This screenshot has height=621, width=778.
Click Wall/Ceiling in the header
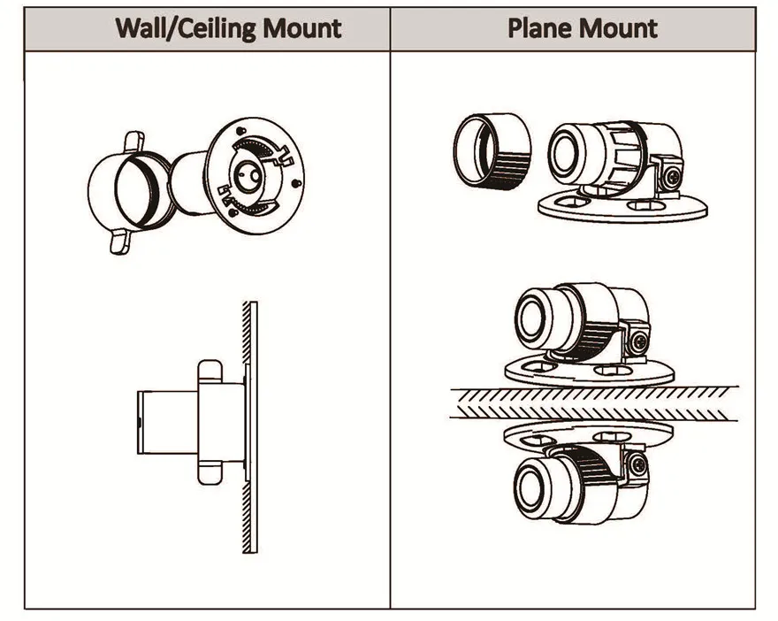click(x=186, y=29)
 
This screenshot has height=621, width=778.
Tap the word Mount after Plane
click(x=616, y=27)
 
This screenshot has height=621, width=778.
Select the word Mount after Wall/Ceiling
click(x=301, y=28)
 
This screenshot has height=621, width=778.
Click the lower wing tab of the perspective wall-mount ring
click(x=119, y=241)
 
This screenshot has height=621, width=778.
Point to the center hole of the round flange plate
click(x=246, y=177)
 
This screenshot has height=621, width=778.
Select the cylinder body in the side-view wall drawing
click(x=167, y=422)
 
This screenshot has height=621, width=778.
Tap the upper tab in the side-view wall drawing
click(x=210, y=371)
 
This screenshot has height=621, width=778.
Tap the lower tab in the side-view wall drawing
click(x=210, y=473)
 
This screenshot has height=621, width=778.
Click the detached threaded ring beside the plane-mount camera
click(x=492, y=151)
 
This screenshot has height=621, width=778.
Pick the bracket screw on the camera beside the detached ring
click(x=672, y=176)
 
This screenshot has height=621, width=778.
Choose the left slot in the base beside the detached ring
click(x=572, y=202)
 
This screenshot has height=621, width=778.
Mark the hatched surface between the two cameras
click(x=594, y=403)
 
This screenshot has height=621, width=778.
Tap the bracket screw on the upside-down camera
click(x=639, y=465)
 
